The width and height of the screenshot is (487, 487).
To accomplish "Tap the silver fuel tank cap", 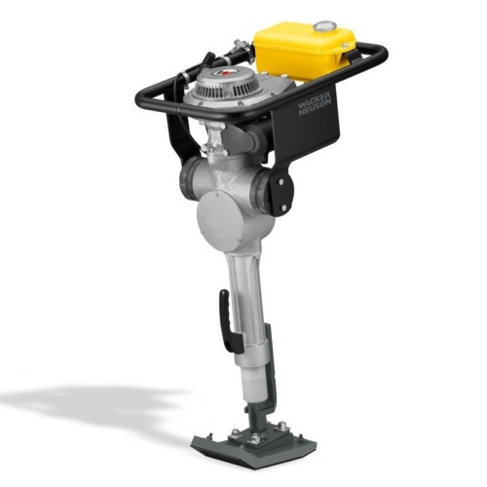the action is point(322,26).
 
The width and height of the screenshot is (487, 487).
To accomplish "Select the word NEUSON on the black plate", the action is point(316,108).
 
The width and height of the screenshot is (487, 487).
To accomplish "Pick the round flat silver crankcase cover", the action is point(220,221).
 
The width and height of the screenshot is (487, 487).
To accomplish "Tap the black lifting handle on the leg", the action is point(229,319).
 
